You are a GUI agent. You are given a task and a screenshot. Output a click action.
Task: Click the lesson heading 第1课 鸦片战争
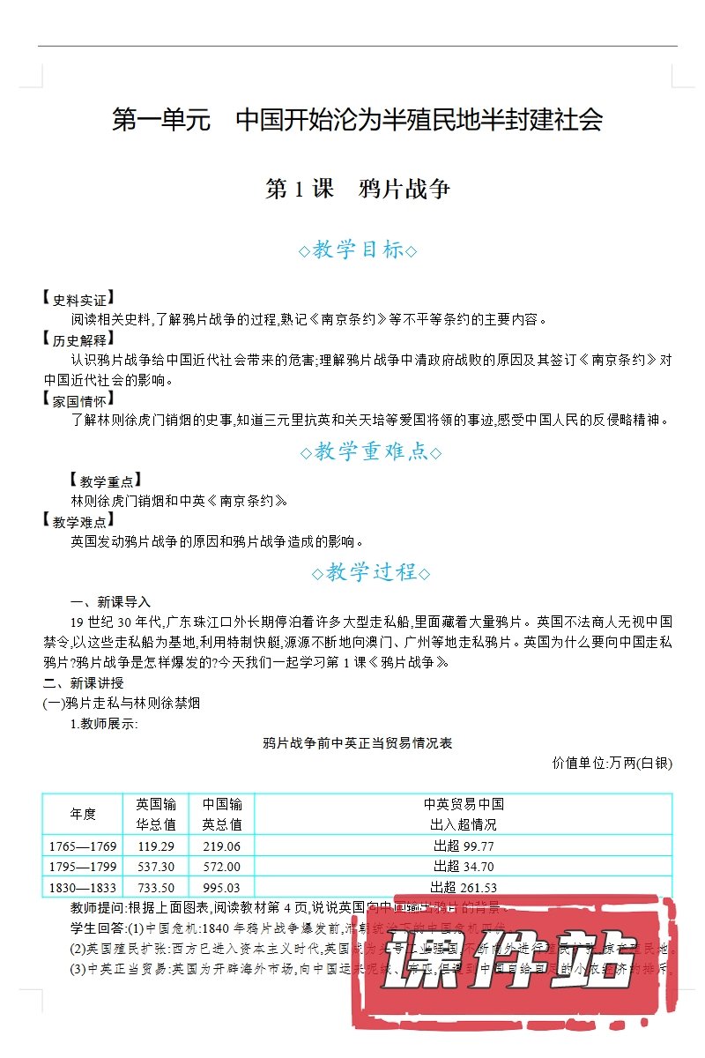(358, 189)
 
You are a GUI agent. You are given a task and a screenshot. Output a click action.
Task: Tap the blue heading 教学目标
(358, 250)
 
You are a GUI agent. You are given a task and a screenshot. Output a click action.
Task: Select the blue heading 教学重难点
(370, 452)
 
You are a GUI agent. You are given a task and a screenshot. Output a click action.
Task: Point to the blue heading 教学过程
(370, 572)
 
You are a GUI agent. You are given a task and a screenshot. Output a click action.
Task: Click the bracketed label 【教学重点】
(103, 481)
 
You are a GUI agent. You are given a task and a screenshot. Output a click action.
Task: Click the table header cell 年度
(83, 814)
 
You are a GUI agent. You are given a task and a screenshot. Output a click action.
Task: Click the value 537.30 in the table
(156, 867)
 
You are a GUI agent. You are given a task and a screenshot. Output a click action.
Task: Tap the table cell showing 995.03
(221, 888)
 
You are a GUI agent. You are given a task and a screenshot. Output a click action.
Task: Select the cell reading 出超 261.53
(464, 888)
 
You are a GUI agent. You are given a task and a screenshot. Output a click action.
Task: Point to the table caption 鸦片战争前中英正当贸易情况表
(358, 743)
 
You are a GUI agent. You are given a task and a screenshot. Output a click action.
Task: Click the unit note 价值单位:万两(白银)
(612, 763)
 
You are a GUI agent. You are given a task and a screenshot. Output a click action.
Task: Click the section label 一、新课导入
(110, 602)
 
